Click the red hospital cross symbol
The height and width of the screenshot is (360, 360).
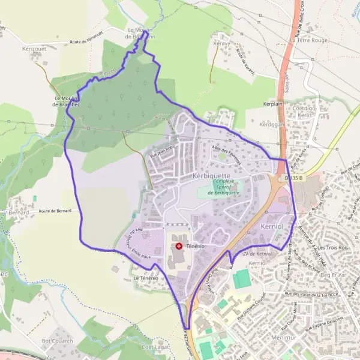pyautogui.click(x=179, y=246)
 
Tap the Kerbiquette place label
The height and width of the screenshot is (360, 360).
pyautogui.click(x=216, y=176)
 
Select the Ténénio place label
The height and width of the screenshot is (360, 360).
pyautogui.click(x=196, y=247)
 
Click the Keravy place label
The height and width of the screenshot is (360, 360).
pyautogui.click(x=223, y=44)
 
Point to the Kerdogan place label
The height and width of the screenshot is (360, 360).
pyautogui.click(x=271, y=124)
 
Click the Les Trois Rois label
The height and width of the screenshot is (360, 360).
pyautogui.click(x=334, y=248)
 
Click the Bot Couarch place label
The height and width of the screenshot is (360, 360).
pyautogui.click(x=58, y=341)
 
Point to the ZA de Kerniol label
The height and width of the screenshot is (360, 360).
pyautogui.click(x=259, y=255)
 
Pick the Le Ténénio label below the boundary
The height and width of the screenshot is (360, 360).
pyautogui.click(x=146, y=278)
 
